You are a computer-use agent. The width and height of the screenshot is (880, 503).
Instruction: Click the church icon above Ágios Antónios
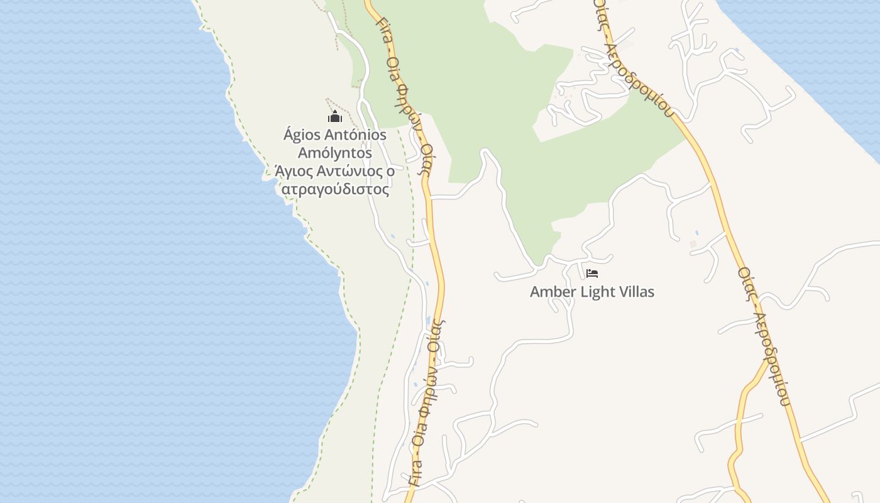click(x=335, y=117)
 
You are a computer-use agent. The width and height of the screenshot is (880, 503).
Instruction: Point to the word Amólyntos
click(x=335, y=153)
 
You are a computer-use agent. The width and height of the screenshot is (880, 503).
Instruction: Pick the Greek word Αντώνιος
click(x=349, y=171)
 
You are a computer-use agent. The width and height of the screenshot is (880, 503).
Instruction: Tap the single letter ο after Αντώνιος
click(x=390, y=171)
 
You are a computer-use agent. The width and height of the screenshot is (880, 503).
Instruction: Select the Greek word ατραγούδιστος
click(x=335, y=189)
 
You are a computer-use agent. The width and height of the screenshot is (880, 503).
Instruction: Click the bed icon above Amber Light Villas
click(x=591, y=274)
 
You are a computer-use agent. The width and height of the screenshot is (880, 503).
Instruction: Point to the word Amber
click(x=552, y=292)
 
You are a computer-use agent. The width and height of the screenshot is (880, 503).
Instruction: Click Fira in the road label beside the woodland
click(x=383, y=28)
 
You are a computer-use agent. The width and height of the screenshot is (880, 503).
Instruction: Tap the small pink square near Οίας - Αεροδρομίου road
click(x=693, y=243)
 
